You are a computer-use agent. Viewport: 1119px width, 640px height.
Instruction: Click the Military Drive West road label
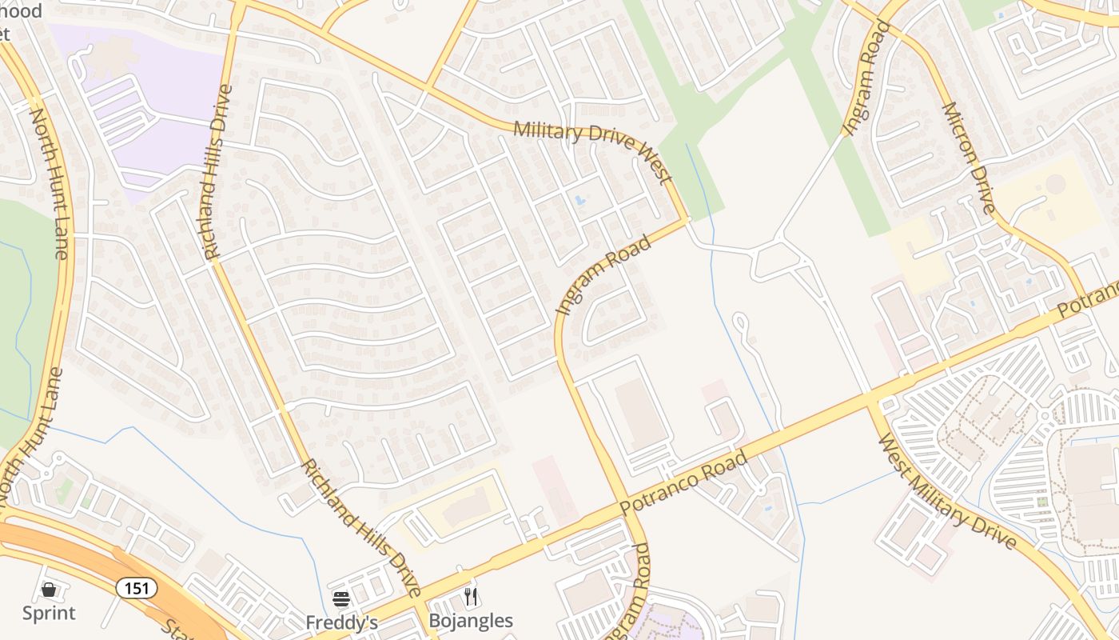coord(591,150)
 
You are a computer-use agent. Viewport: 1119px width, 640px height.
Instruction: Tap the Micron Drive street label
coord(968,158)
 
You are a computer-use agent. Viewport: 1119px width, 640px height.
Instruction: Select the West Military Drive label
coord(946,492)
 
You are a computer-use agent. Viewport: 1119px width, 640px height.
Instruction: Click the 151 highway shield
coord(137,588)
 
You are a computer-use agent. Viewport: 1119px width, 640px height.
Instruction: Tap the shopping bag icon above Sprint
coord(49,590)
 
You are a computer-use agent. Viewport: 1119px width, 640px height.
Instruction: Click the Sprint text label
coord(49,614)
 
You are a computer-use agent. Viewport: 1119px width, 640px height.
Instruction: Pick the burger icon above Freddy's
coord(341,599)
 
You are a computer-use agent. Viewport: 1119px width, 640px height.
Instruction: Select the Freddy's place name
coord(341,622)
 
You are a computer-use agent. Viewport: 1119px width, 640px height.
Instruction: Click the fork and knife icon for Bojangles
coord(471,597)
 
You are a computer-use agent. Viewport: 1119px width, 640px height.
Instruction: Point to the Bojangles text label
coord(471,621)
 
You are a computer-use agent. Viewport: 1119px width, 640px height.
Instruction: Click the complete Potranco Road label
coord(684,483)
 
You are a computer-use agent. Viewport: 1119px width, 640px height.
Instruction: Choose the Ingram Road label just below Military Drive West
coord(603,274)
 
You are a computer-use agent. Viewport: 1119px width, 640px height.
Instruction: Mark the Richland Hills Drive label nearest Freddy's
coord(360,528)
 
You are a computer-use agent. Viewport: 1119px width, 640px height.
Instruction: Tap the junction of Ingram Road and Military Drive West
coord(685,219)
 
